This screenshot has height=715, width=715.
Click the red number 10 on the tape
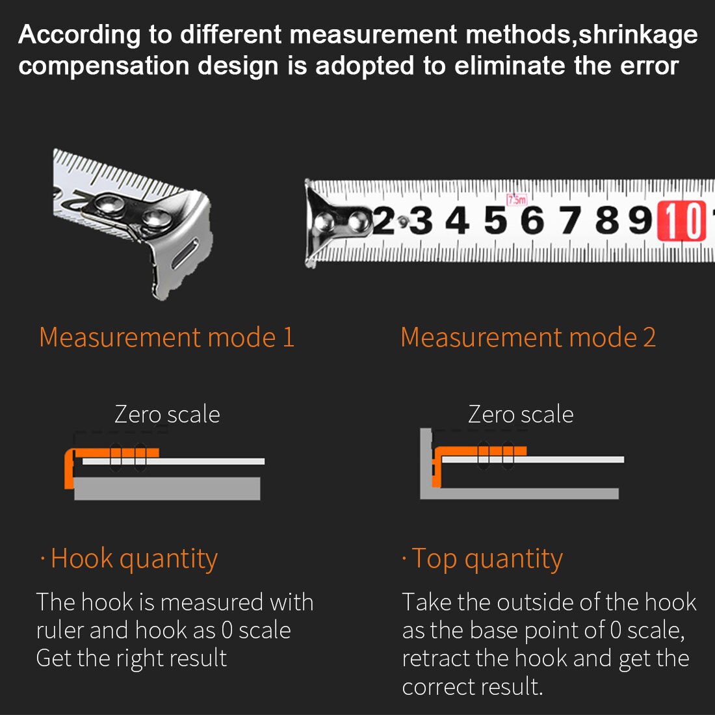(x=682, y=221)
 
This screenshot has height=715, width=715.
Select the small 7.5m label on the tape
(x=517, y=200)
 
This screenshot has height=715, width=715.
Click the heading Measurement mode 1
(x=166, y=337)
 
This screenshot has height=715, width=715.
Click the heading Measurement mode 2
(x=528, y=337)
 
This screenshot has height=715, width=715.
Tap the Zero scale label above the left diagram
(x=167, y=414)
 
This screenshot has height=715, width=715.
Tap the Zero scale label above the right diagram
(x=521, y=414)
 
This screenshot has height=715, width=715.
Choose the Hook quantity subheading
(x=134, y=558)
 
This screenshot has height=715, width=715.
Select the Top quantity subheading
(x=487, y=558)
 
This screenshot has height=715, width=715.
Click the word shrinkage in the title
(x=638, y=34)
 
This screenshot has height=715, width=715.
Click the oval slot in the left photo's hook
(x=187, y=252)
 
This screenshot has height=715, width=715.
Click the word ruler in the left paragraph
(x=60, y=630)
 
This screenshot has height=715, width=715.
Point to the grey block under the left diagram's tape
(x=167, y=488)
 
